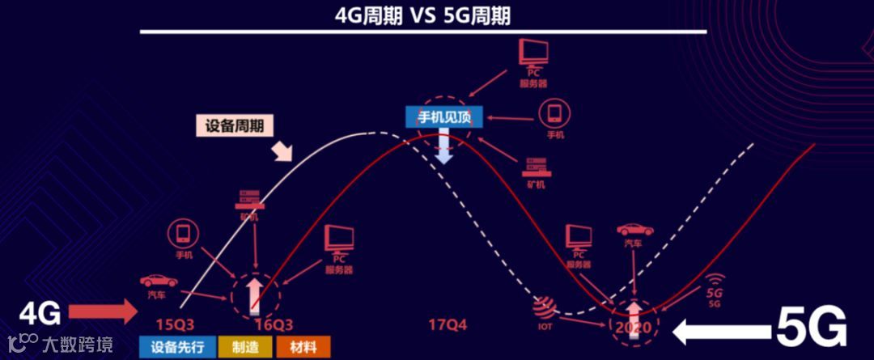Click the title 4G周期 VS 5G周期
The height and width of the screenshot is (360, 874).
click(423, 15)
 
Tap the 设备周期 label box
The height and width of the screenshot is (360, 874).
click(235, 125)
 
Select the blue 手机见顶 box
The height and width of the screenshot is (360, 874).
click(443, 117)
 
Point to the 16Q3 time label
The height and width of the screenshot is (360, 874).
click(274, 324)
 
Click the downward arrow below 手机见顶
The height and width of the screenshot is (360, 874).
click(443, 147)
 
